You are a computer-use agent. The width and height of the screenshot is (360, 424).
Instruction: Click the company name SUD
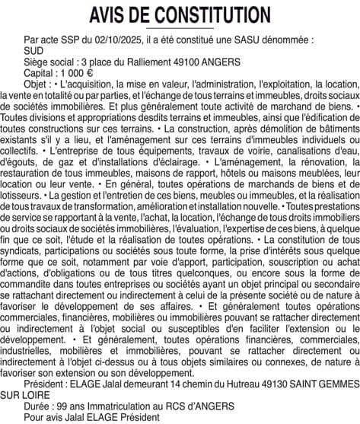point(34,49)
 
